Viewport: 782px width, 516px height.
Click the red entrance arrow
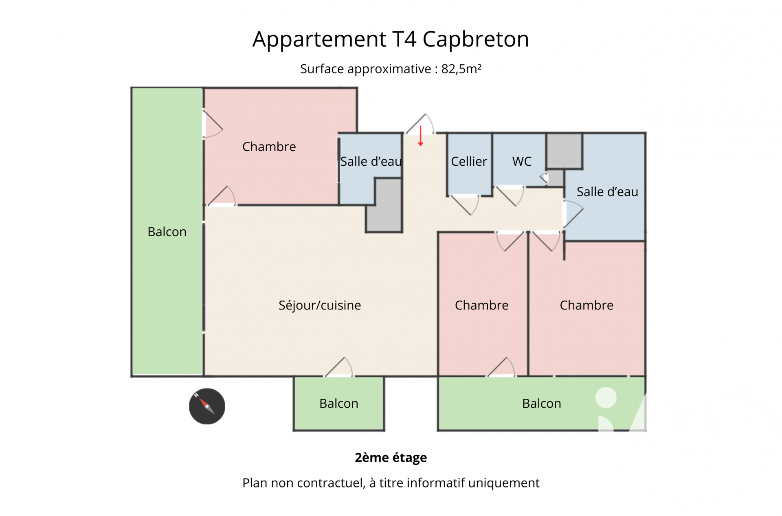point(420,136)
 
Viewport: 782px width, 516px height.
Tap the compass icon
point(207,406)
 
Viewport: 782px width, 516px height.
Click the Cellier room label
point(469,161)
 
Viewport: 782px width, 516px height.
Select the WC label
point(522,161)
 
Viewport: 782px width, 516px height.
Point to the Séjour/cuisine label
point(320,305)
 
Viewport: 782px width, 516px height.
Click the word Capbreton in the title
point(476,39)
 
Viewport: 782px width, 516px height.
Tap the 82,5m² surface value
point(461,69)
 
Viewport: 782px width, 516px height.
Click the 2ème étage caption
point(391,457)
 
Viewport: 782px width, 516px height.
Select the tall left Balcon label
point(167,232)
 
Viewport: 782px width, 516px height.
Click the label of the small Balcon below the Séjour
point(339,403)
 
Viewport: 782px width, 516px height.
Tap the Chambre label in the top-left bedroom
point(269,147)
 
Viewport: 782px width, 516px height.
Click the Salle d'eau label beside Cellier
point(371,161)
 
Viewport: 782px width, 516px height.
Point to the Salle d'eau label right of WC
point(607,191)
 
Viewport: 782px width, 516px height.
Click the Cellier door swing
point(465,205)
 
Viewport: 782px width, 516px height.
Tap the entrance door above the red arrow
point(420,123)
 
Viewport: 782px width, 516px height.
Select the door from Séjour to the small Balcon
point(339,367)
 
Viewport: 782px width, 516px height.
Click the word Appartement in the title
point(319,39)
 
